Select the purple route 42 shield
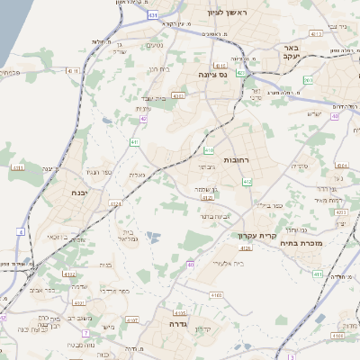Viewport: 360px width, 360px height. tap(142, 119)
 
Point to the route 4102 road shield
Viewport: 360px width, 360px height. tap(131, 318)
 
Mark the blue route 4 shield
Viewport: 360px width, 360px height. tap(21, 231)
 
